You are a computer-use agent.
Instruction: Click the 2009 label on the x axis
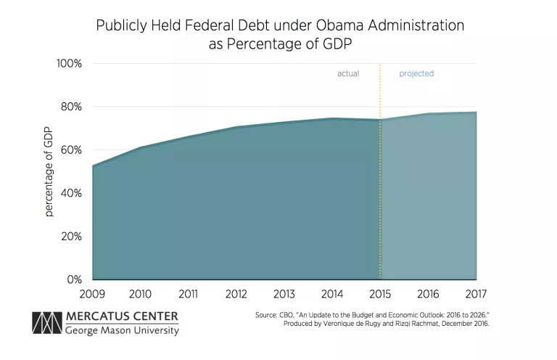tap(92, 294)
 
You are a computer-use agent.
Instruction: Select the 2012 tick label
tap(236, 294)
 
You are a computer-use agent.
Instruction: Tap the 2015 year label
tap(380, 294)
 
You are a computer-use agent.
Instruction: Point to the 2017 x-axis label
tap(476, 294)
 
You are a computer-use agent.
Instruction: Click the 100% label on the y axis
tap(69, 64)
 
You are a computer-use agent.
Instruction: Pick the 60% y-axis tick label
tap(70, 150)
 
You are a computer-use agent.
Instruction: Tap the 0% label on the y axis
tap(74, 279)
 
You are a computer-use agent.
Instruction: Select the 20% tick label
tap(70, 237)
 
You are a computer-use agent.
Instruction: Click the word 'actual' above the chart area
tap(348, 74)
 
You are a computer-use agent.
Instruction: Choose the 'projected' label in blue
tap(416, 74)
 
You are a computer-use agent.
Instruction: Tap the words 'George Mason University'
tap(122, 331)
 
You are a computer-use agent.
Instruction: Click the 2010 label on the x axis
tap(140, 294)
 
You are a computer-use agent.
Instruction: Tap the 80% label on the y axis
tap(70, 107)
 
